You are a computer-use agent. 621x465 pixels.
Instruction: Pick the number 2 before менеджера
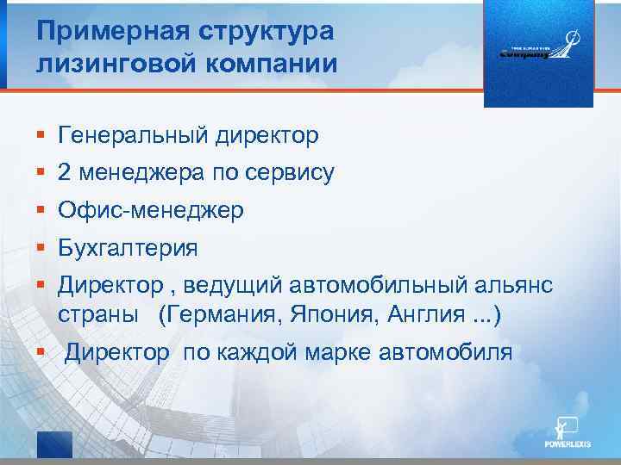pyautogui.click(x=65, y=173)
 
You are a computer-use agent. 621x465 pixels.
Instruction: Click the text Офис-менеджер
pyautogui.click(x=151, y=210)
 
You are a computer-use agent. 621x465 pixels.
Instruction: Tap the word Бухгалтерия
pyautogui.click(x=128, y=249)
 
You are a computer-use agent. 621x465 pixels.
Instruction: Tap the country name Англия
pyautogui.click(x=423, y=314)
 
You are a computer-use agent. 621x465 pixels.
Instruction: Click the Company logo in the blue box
pyautogui.click(x=538, y=52)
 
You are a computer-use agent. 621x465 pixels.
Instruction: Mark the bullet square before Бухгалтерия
pyautogui.click(x=41, y=250)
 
